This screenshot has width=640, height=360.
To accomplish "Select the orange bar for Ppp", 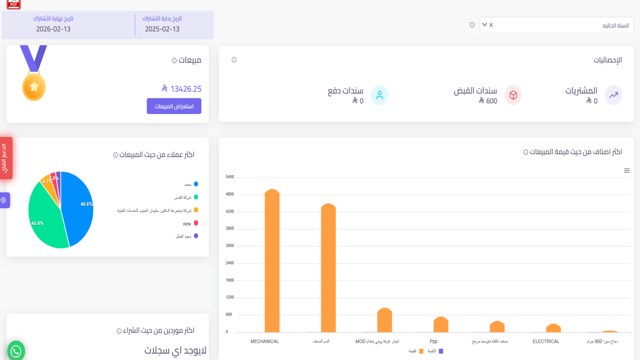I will [x=441, y=325].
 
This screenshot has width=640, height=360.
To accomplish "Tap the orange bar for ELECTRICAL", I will [x=553, y=328].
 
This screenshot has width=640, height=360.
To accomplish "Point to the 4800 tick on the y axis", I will [x=230, y=194].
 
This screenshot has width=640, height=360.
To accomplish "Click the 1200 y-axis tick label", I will [x=230, y=297].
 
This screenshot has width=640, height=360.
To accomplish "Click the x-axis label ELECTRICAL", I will [x=546, y=341].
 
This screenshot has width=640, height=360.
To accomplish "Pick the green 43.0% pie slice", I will [x=45, y=220].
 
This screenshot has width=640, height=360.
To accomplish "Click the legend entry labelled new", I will [x=187, y=224].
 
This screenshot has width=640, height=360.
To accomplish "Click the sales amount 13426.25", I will [x=186, y=89].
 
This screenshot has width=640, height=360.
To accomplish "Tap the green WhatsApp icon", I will [x=16, y=351].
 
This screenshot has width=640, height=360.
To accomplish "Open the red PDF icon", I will [x=14, y=4].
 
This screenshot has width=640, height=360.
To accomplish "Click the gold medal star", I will [x=34, y=87].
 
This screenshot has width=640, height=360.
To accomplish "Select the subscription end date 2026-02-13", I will [x=53, y=29].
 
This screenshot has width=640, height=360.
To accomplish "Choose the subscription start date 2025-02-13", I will [x=162, y=29].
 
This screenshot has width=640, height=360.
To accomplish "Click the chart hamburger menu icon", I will [x=626, y=171].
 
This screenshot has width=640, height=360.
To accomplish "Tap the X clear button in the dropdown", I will [x=491, y=25].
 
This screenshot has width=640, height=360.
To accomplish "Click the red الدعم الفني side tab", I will [x=6, y=158].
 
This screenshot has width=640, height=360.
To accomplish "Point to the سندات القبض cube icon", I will [x=513, y=95].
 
